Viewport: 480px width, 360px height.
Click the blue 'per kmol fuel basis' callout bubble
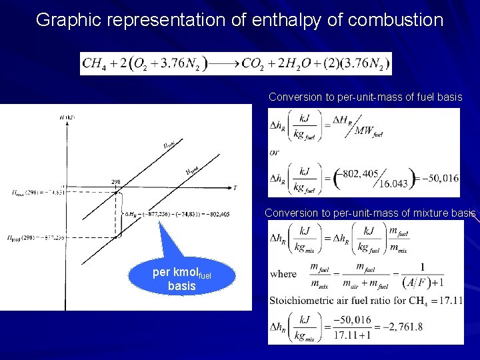point(182,279)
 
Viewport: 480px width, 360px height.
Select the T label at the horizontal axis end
point(235,188)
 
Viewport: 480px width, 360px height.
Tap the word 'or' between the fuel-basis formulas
point(274,152)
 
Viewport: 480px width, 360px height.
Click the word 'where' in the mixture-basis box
point(283,274)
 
